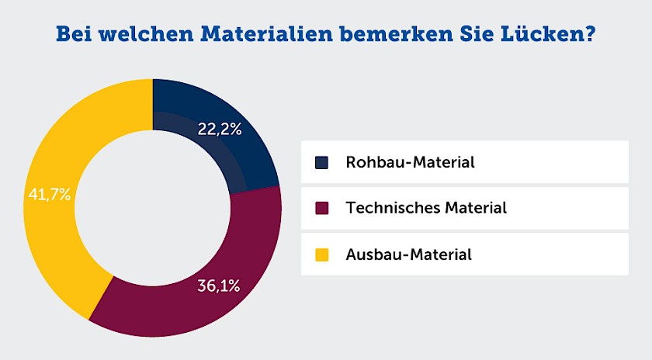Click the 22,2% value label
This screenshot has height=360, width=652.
(220, 130)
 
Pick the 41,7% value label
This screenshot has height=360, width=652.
(50, 195)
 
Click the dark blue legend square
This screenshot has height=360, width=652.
(322, 163)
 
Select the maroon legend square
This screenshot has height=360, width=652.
(322, 208)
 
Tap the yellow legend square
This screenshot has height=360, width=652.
(322, 254)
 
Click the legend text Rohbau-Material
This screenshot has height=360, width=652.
(410, 163)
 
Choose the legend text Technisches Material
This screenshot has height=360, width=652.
(426, 208)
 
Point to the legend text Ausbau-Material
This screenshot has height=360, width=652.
(409, 254)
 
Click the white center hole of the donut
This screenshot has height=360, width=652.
(152, 208)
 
